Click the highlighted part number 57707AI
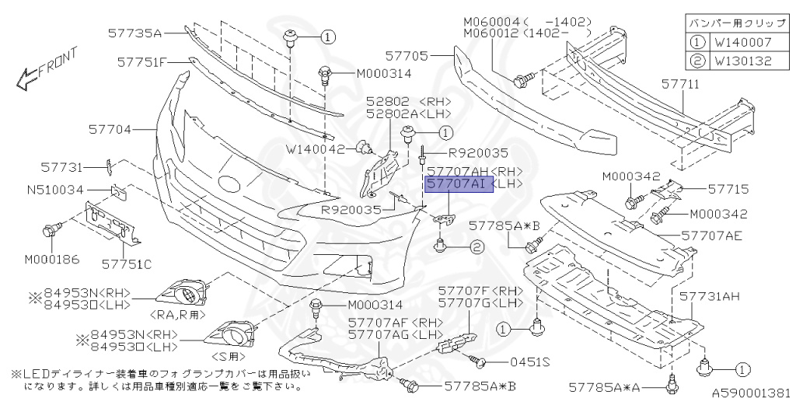point(456,185)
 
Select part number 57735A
point(134,33)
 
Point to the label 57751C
point(126,264)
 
